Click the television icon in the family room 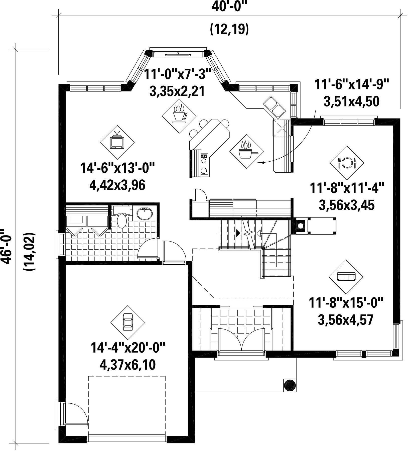pyautogui.click(x=117, y=142)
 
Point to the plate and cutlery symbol pyautogui.click(x=347, y=163)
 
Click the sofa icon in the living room pyautogui.click(x=346, y=277)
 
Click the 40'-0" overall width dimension pyautogui.click(x=228, y=7)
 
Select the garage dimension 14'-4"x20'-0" pyautogui.click(x=128, y=348)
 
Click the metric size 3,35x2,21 pyautogui.click(x=177, y=91)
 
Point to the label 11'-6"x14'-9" pyautogui.click(x=351, y=84)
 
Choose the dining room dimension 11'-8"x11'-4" pyautogui.click(x=347, y=188)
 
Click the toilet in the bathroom pyautogui.click(x=122, y=217)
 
